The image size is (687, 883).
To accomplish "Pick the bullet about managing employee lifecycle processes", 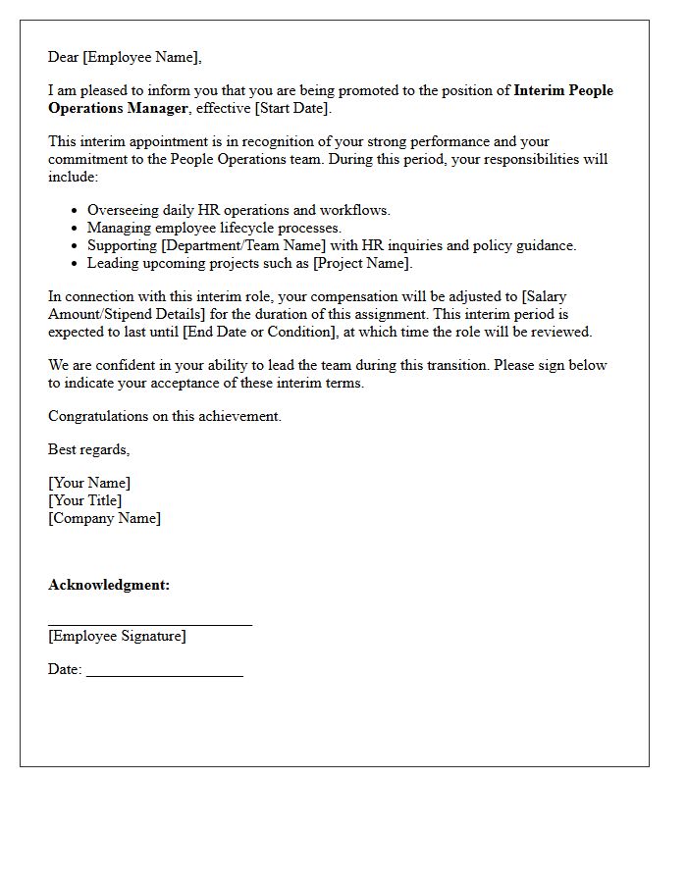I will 214,228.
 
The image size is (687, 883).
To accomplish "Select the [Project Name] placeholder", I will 362,263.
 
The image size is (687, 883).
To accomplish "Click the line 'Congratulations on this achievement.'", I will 165,416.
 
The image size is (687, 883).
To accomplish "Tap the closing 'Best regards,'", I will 88,449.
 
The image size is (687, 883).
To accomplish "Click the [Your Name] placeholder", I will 89,483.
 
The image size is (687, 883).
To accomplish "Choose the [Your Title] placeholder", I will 85,500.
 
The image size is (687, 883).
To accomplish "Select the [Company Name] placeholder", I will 104,518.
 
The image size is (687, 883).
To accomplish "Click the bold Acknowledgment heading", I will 109,585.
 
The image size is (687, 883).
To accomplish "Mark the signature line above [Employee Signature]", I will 150,624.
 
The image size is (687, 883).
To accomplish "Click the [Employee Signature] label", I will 117,636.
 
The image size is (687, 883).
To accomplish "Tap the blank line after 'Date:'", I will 164,676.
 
